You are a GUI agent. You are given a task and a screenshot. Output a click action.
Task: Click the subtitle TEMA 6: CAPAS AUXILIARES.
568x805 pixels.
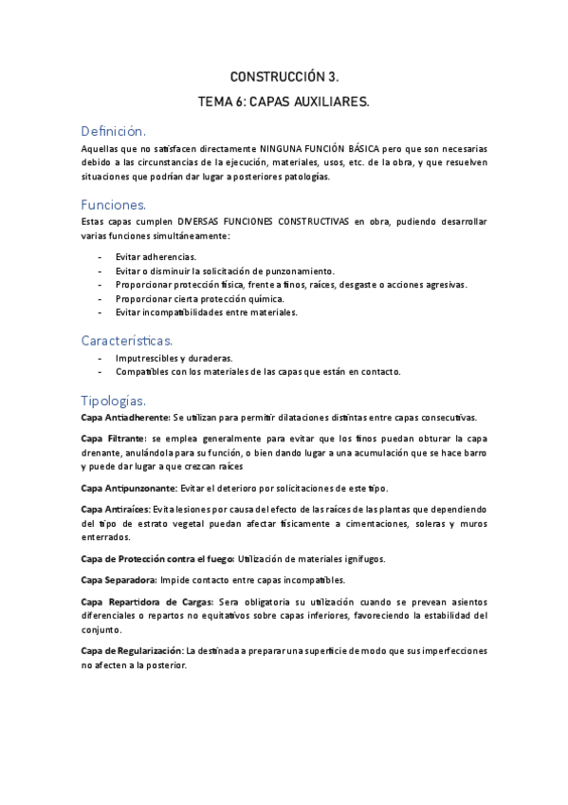coord(284,101)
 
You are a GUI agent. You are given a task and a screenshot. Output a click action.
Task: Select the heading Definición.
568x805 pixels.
coord(113,131)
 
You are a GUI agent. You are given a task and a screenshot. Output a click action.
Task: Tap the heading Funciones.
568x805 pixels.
coord(114,204)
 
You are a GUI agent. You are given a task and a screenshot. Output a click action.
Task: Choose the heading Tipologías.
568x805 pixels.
coord(114,400)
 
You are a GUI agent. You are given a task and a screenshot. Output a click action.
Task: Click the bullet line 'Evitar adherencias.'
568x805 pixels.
coord(156,257)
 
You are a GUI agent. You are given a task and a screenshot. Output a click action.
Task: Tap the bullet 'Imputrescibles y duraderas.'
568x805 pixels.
coord(174,358)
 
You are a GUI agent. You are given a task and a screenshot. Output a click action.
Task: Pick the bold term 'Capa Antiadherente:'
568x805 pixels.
coord(125,418)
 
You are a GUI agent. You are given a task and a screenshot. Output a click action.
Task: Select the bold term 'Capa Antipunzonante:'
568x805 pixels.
coord(128,488)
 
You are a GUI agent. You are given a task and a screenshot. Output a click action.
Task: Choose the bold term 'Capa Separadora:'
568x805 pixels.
coord(118,580)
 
